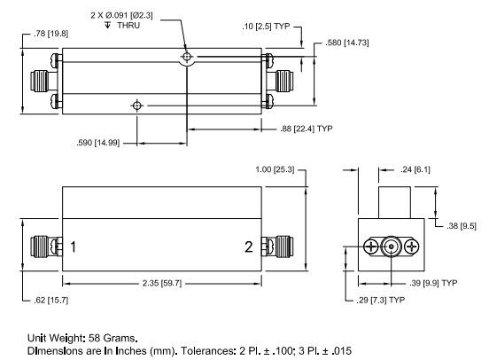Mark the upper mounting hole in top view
(x=186, y=58)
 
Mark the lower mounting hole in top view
(x=136, y=106)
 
